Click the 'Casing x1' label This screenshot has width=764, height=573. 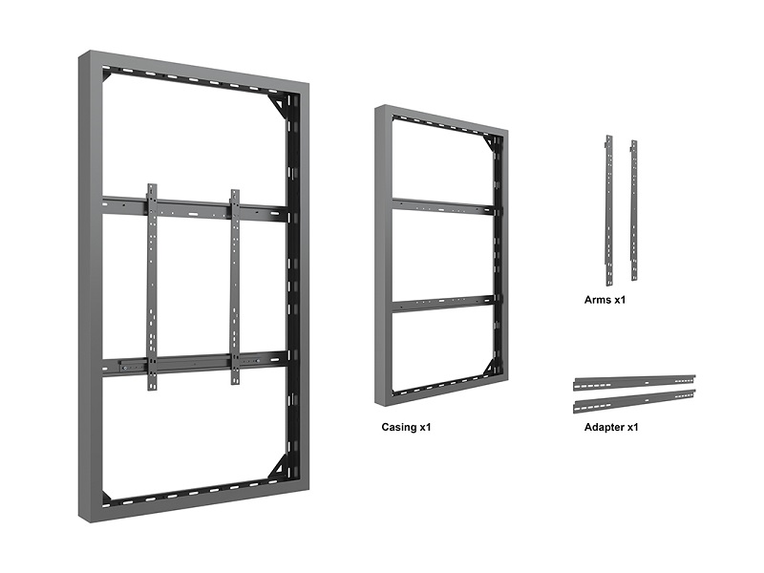click(x=406, y=427)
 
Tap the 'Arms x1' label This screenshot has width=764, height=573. click(x=605, y=300)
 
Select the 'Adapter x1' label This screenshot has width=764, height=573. click(x=611, y=427)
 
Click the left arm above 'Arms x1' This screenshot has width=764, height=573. click(x=609, y=210)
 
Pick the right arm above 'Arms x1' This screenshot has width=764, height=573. click(x=634, y=210)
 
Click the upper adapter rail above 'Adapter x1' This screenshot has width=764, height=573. click(x=634, y=383)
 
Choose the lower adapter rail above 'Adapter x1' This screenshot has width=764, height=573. click(x=634, y=400)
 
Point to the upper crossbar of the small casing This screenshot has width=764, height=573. click(x=443, y=205)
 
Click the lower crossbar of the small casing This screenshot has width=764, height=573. click(x=443, y=303)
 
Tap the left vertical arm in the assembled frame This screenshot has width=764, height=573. click(x=152, y=287)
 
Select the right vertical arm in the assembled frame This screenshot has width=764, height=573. click(x=235, y=287)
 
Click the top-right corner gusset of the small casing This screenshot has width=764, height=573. click(x=489, y=143)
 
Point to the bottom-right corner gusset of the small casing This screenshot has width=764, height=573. click(x=489, y=367)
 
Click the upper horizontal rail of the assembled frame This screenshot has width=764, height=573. click(x=195, y=208)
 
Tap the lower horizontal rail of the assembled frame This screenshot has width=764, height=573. click(x=195, y=363)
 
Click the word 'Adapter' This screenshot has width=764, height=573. click(x=604, y=427)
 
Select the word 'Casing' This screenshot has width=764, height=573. click(x=398, y=427)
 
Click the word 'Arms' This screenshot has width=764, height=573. click(x=598, y=300)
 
